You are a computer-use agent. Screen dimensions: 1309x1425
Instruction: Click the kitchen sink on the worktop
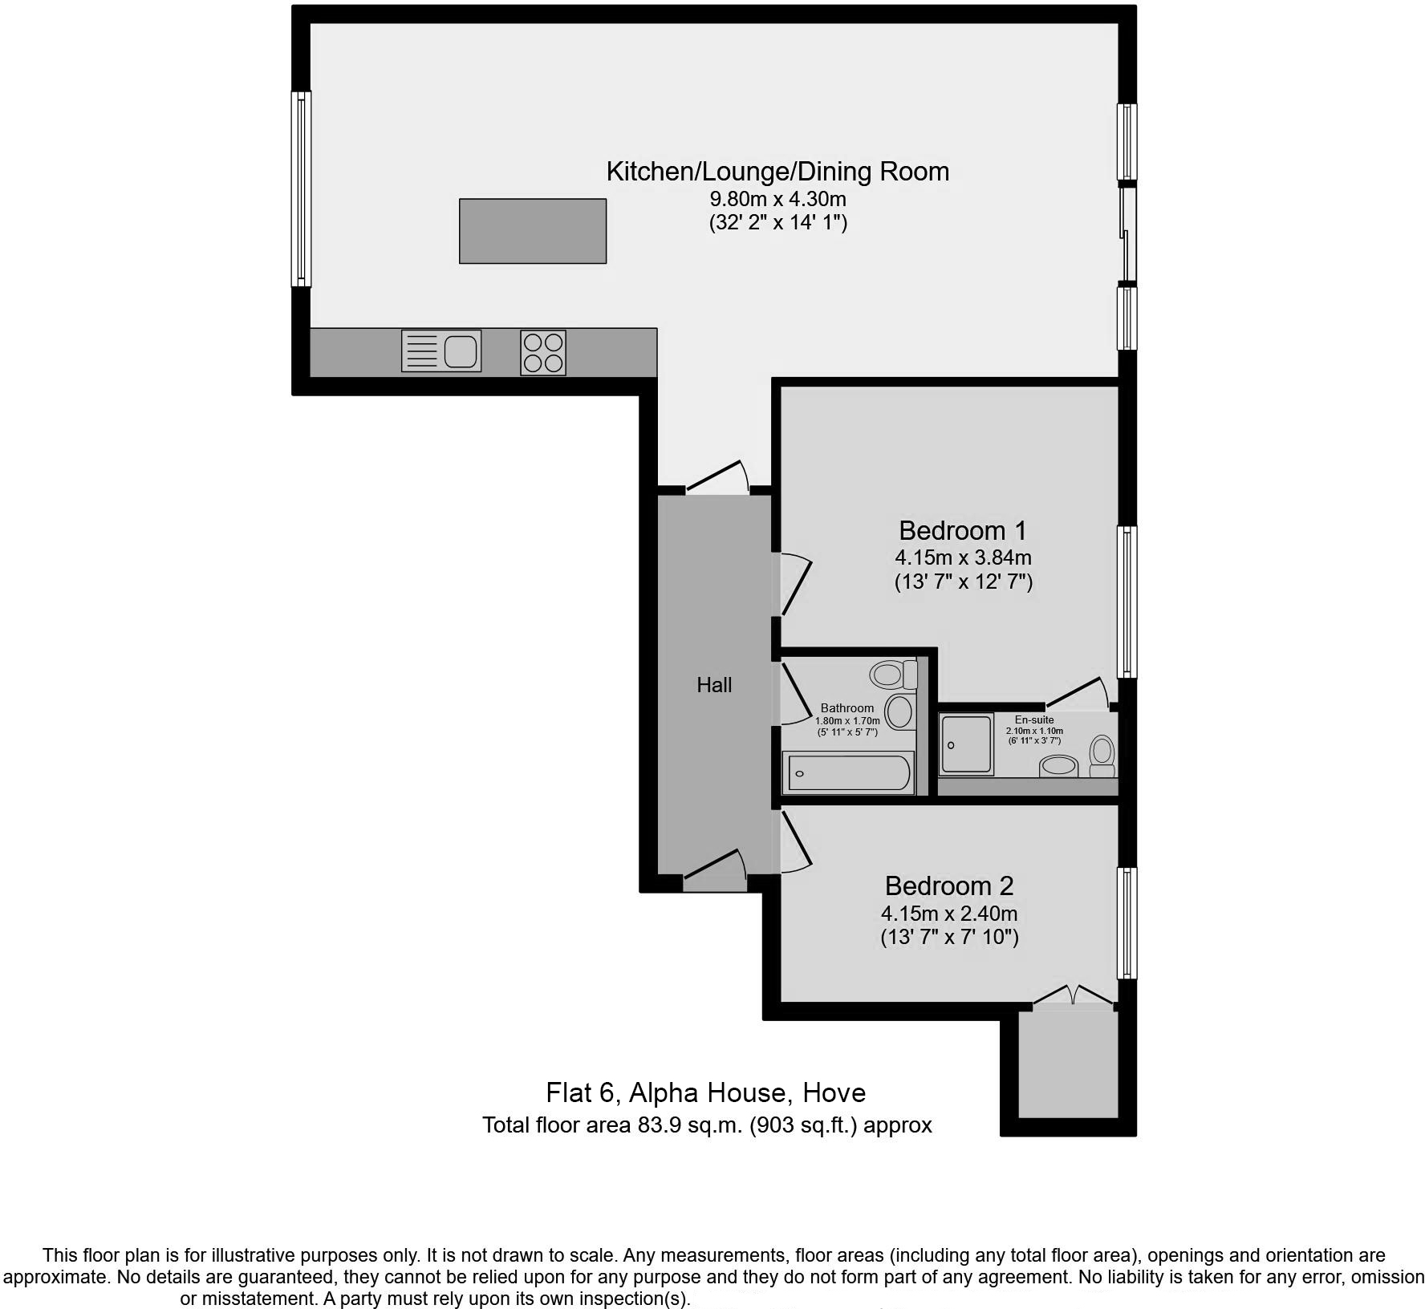tap(441, 351)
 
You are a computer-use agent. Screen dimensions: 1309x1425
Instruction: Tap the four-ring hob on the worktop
tap(543, 353)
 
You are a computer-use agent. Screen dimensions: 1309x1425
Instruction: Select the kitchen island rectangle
tap(532, 231)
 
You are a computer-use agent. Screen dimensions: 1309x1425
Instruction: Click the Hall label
tap(714, 685)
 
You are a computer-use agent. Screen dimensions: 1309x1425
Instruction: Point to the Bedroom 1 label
tap(962, 530)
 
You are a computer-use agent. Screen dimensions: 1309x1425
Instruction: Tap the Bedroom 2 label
tap(949, 885)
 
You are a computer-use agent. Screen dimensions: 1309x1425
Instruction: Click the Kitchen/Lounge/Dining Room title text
tap(777, 171)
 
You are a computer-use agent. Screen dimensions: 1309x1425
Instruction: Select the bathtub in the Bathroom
tap(849, 773)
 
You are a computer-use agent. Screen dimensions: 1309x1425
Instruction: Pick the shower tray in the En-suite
tap(967, 744)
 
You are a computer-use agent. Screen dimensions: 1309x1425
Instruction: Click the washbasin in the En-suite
tap(1059, 766)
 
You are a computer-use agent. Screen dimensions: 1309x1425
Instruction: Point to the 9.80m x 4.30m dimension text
tap(777, 198)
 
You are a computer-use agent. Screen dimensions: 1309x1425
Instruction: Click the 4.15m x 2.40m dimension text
tap(949, 913)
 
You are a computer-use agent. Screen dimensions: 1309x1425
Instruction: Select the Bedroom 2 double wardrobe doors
tap(1074, 995)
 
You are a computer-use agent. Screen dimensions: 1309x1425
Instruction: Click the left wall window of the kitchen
tap(301, 188)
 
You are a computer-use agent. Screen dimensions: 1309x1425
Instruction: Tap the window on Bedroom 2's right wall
tap(1127, 922)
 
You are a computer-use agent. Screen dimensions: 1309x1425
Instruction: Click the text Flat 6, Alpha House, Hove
tap(705, 1092)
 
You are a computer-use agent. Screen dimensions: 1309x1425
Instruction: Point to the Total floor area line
tap(706, 1125)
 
